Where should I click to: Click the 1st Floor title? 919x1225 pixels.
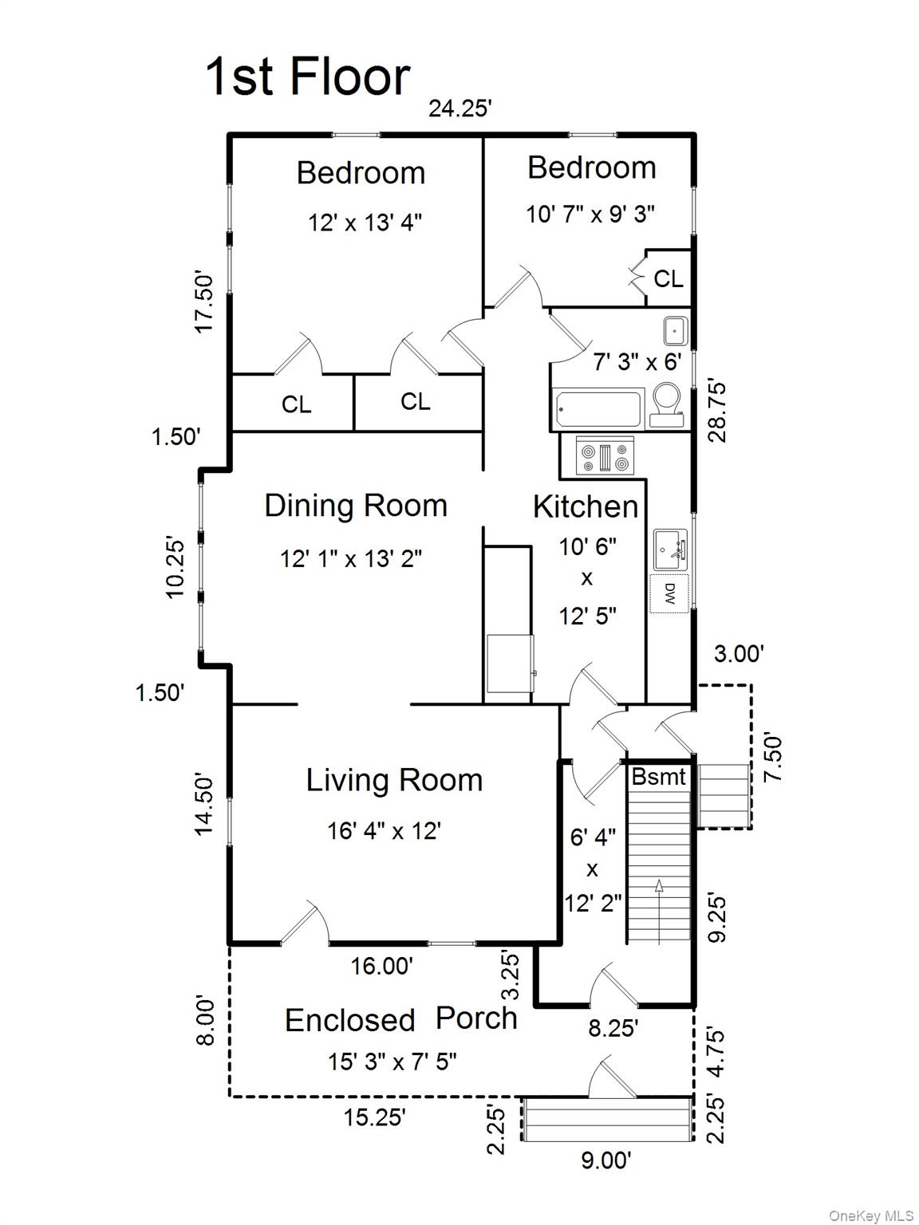pyautogui.click(x=308, y=77)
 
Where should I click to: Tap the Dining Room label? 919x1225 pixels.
pyautogui.click(x=356, y=506)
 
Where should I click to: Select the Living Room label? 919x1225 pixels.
pyautogui.click(x=394, y=780)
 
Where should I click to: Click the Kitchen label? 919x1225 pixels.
pyautogui.click(x=586, y=506)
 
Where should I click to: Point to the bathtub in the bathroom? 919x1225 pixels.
pyautogui.click(x=598, y=408)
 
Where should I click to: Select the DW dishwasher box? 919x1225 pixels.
pyautogui.click(x=669, y=593)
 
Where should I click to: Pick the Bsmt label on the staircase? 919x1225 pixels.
pyautogui.click(x=658, y=777)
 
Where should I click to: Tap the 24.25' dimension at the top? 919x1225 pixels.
pyautogui.click(x=459, y=108)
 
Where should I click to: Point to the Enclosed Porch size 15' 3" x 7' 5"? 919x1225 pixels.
pyautogui.click(x=392, y=1062)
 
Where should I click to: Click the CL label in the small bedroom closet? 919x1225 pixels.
pyautogui.click(x=668, y=278)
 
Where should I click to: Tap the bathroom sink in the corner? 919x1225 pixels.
pyautogui.click(x=675, y=329)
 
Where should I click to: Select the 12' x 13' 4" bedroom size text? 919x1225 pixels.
pyautogui.click(x=365, y=222)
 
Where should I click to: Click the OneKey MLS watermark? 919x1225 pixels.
pyautogui.click(x=871, y=1215)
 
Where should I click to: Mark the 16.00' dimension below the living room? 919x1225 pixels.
pyautogui.click(x=382, y=967)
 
